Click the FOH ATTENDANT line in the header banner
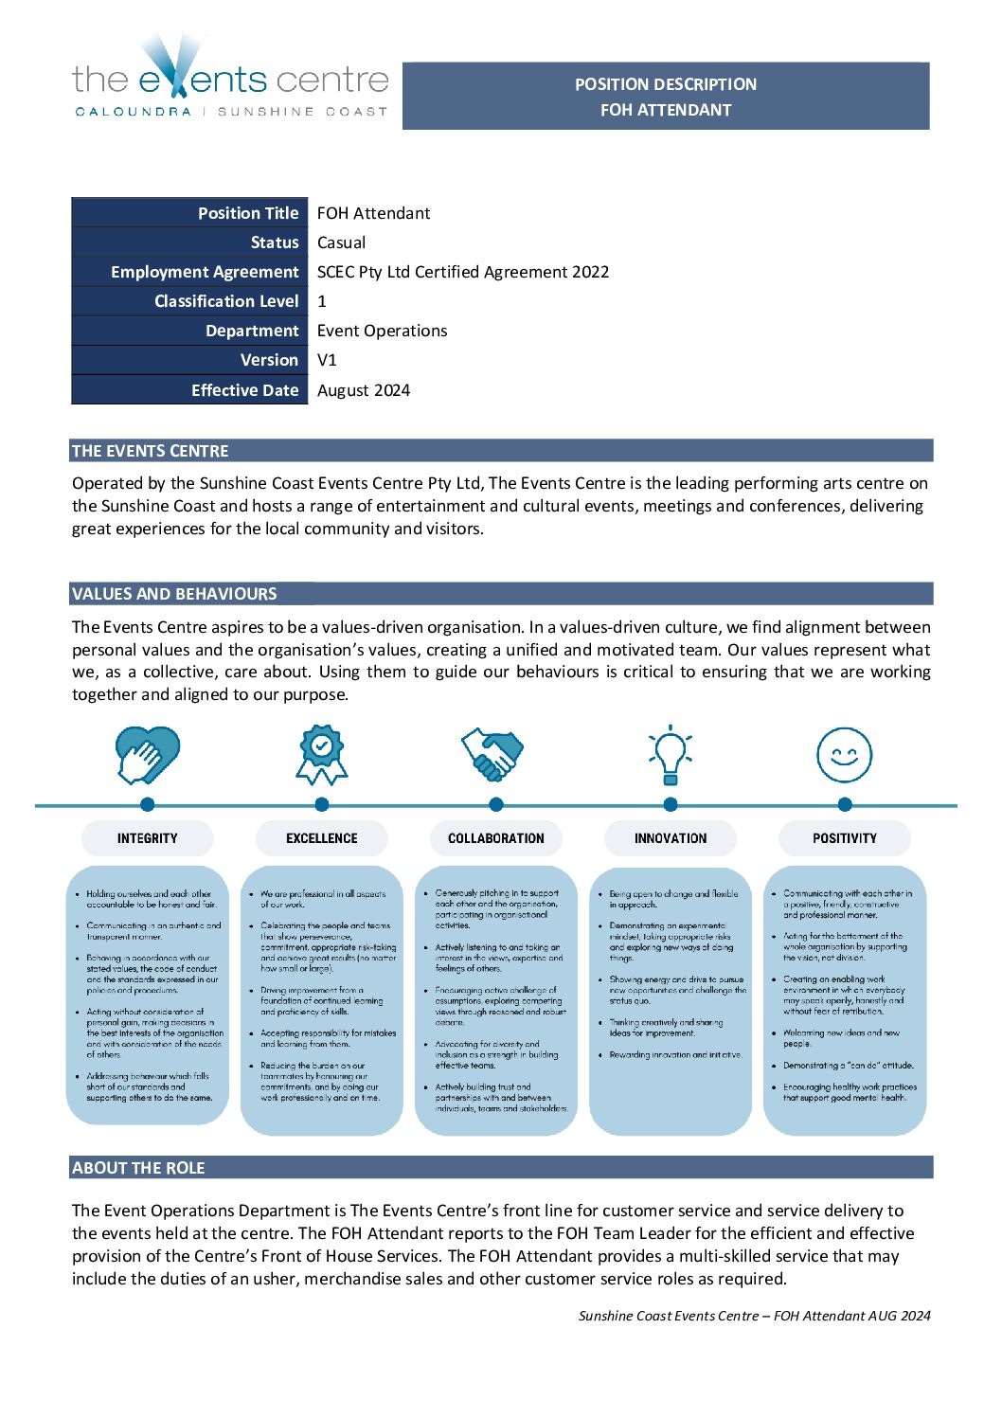[x=666, y=110]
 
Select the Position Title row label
[x=247, y=213]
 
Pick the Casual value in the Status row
[x=341, y=242]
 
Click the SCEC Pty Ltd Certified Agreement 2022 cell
[x=463, y=272]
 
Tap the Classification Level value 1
[x=322, y=301]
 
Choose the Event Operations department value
[x=382, y=331]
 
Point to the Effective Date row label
[x=244, y=390]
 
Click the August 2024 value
[x=364, y=390]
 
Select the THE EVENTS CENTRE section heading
[x=151, y=451]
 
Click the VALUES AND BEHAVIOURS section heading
[x=174, y=594]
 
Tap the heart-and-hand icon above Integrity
[x=147, y=755]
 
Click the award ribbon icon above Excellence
[x=322, y=755]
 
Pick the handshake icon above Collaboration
[x=492, y=754]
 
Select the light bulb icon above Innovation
[x=671, y=755]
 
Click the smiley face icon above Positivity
[x=844, y=755]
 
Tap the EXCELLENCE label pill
[x=322, y=838]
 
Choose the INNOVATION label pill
[x=671, y=838]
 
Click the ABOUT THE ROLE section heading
[x=138, y=1168]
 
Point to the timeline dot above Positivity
[x=845, y=804]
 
